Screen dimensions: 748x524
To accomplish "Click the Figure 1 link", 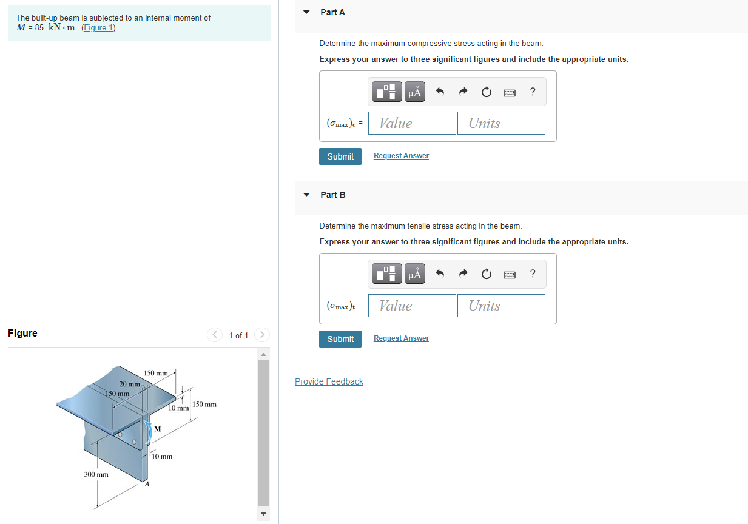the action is (98, 28).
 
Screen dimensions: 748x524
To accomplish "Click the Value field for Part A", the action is (412, 123).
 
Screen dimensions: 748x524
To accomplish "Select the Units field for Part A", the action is (501, 123).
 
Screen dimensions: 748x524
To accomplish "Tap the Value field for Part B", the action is (412, 306).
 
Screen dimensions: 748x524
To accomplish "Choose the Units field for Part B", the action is (501, 306).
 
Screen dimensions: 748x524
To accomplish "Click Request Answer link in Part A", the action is (401, 156).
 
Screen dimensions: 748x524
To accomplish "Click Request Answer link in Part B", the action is (401, 338).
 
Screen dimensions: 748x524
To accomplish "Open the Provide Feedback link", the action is (329, 381).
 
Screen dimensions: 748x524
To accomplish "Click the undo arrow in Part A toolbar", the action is (440, 92).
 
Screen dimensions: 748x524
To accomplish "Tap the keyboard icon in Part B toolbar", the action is (509, 275).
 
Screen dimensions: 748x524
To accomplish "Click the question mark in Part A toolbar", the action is (533, 92).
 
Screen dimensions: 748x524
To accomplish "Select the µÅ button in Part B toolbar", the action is (415, 274).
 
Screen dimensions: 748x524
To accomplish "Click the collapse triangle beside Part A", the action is (306, 12).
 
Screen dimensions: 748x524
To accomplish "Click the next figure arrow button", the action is (262, 334).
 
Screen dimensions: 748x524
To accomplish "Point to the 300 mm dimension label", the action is (96, 474).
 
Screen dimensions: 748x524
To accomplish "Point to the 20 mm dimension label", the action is (130, 384).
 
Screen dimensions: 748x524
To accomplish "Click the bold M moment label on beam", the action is (158, 429).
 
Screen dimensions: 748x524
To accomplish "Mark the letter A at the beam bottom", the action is (147, 485).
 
